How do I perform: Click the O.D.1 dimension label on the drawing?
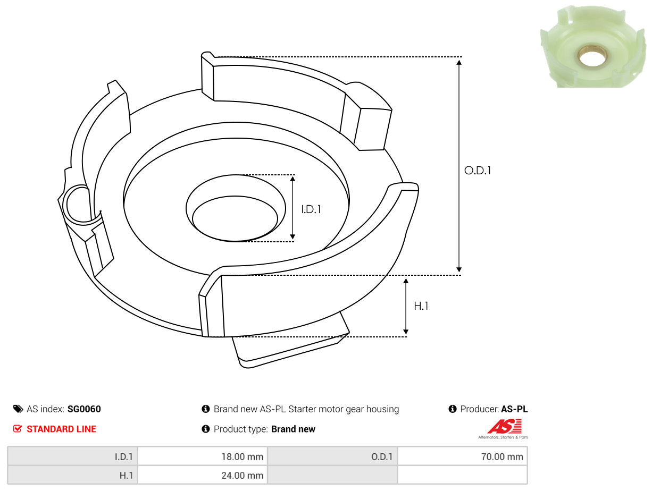477,171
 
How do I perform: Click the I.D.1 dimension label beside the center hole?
311,209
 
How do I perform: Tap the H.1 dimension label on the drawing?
421,306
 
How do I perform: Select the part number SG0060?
84,409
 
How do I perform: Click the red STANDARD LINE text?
62,429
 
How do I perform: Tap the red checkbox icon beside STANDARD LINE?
18,429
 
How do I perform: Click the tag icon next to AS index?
18,409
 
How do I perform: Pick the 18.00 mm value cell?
202,456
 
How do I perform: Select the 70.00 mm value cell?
463,456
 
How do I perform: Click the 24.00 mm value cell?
202,475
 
